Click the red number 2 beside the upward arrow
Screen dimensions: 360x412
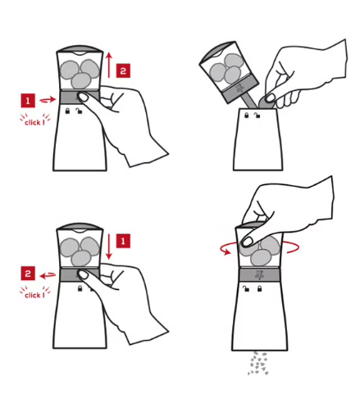[123, 70]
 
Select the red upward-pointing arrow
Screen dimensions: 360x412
[109, 65]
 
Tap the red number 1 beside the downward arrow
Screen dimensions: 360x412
[123, 241]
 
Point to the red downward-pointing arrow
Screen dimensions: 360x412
[109, 247]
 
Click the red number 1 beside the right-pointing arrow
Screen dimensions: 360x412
[28, 101]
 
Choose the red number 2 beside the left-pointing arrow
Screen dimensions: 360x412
[28, 274]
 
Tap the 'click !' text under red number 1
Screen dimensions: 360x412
[34, 122]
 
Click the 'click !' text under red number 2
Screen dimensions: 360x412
[34, 295]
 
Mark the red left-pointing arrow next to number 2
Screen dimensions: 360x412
[48, 276]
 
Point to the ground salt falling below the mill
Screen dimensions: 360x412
[257, 364]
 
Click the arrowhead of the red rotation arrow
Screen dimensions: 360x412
[227, 252]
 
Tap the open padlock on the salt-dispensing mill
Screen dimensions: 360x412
[246, 288]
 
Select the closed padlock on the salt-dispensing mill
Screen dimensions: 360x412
[259, 288]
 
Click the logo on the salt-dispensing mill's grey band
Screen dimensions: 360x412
[258, 274]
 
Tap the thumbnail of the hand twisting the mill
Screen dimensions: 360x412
[248, 241]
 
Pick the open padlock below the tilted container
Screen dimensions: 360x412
[257, 115]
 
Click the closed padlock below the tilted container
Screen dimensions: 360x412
[247, 115]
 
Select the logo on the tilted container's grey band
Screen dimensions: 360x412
[240, 88]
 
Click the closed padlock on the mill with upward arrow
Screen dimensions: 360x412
[67, 111]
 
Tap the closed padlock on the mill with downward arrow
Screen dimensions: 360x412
[80, 288]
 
